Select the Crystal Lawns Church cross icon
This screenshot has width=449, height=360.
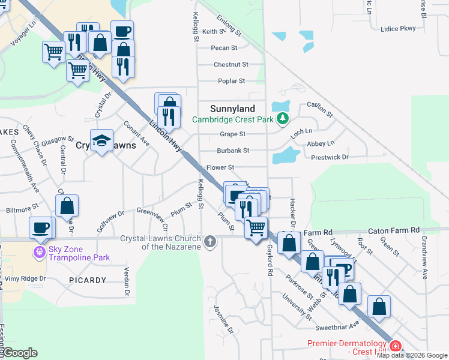209,242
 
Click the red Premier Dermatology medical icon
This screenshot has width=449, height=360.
395,346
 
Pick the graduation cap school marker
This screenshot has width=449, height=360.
101,141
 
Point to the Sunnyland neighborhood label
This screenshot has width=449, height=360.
232,109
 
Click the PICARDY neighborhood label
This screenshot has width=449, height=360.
87,280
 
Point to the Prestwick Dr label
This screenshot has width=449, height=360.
330,157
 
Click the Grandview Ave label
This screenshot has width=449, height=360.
424,265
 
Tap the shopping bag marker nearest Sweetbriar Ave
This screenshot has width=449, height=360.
379,307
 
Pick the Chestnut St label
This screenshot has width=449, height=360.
231,64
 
